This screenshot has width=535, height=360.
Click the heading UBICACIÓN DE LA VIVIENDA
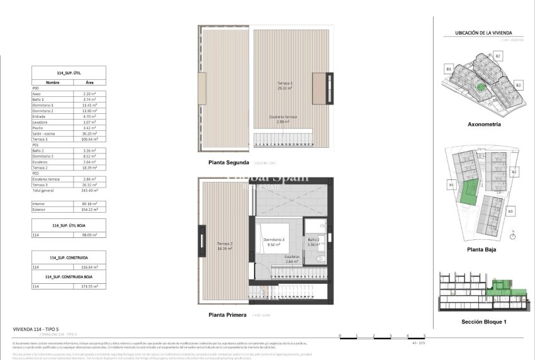coord(484,33)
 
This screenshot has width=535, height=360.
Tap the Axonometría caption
coord(484,125)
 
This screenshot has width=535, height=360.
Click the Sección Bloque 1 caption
coord(483,321)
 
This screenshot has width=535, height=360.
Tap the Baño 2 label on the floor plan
coord(314,242)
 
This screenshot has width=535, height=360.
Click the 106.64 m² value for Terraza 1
coord(90,139)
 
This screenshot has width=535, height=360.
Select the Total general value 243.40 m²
coord(90,191)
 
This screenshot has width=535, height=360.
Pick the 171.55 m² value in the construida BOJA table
coord(90,286)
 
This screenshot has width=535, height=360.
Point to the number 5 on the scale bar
coord(424,337)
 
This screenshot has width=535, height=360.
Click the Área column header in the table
coord(90,82)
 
